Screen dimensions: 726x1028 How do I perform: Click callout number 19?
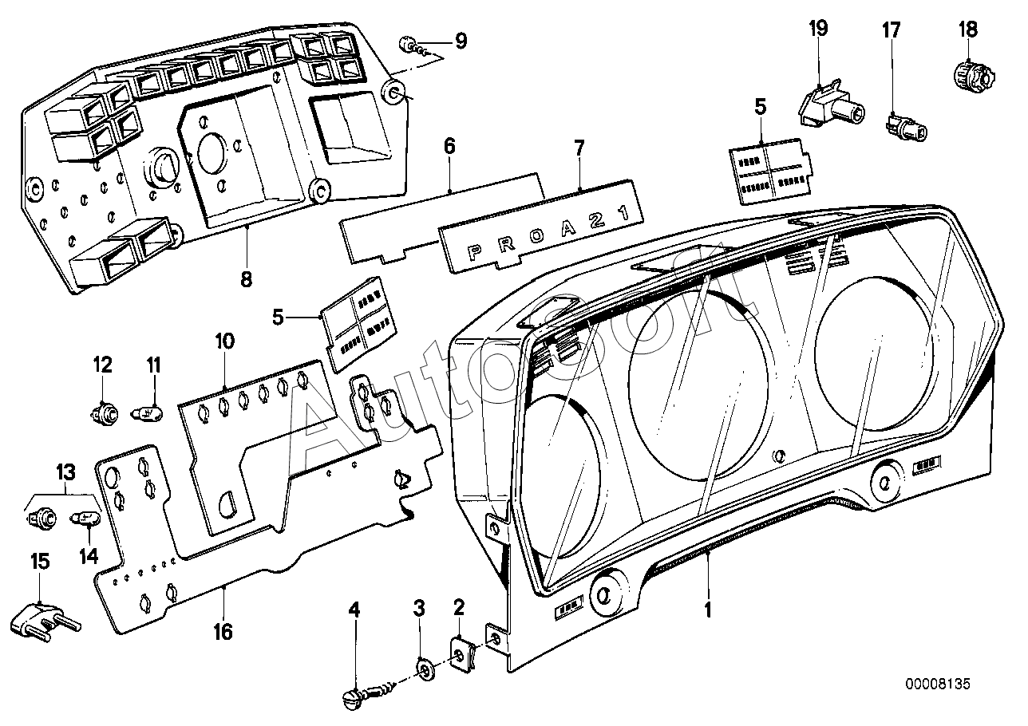coord(818,29)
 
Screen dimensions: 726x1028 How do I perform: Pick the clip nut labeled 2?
coord(462,654)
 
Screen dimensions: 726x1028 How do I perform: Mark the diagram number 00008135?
coord(939,684)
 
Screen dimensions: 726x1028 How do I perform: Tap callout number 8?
coord(246,280)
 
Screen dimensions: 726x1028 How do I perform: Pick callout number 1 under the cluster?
coord(707,611)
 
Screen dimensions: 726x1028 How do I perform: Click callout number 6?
coord(449,146)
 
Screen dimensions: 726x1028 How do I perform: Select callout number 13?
coord(65,471)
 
